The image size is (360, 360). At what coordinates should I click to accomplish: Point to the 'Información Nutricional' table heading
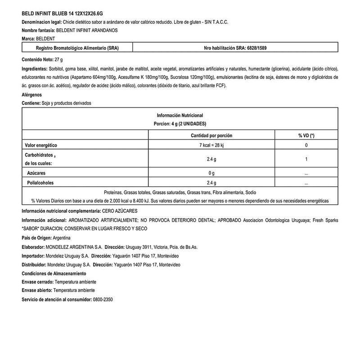[180, 115]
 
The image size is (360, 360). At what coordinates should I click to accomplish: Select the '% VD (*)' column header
[306, 135]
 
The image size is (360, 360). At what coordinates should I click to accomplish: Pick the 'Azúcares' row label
[36, 173]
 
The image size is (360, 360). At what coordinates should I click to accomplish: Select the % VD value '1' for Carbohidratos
[306, 159]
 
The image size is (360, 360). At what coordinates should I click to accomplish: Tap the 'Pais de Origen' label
[36, 238]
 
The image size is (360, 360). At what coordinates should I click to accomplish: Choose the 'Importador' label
[33, 256]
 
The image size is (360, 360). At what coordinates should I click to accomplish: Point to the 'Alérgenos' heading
[32, 95]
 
